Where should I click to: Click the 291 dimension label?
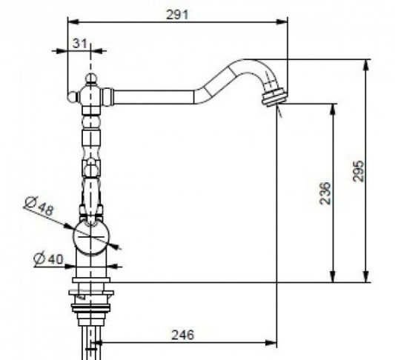(177, 15)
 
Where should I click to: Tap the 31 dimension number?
(80, 43)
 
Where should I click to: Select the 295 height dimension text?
(359, 170)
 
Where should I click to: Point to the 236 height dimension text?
(325, 193)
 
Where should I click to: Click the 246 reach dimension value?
(183, 335)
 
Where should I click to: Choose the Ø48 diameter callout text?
(40, 206)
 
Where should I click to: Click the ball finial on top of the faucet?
(90, 79)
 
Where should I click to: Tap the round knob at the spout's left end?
(73, 97)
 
